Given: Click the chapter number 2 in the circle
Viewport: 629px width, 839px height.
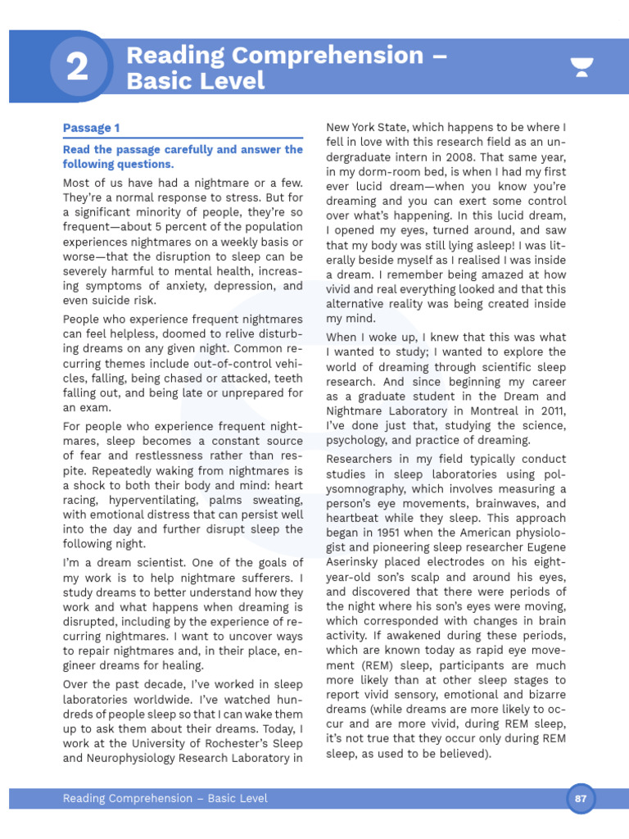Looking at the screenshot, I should pyautogui.click(x=77, y=68).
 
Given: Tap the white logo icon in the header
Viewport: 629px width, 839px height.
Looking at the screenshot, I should pyautogui.click(x=582, y=68).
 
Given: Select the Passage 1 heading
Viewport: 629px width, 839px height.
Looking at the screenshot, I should pyautogui.click(x=91, y=128).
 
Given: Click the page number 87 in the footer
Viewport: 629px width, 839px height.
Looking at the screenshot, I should pyautogui.click(x=581, y=798).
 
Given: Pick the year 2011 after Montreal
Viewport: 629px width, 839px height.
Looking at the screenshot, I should pyautogui.click(x=548, y=410).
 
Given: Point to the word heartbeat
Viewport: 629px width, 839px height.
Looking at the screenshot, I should pyautogui.click(x=357, y=519).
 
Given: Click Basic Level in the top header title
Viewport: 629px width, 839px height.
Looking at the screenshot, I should pyautogui.click(x=195, y=81).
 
